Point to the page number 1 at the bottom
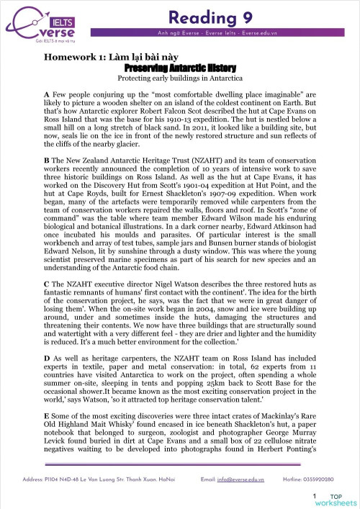pos(315,497)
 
